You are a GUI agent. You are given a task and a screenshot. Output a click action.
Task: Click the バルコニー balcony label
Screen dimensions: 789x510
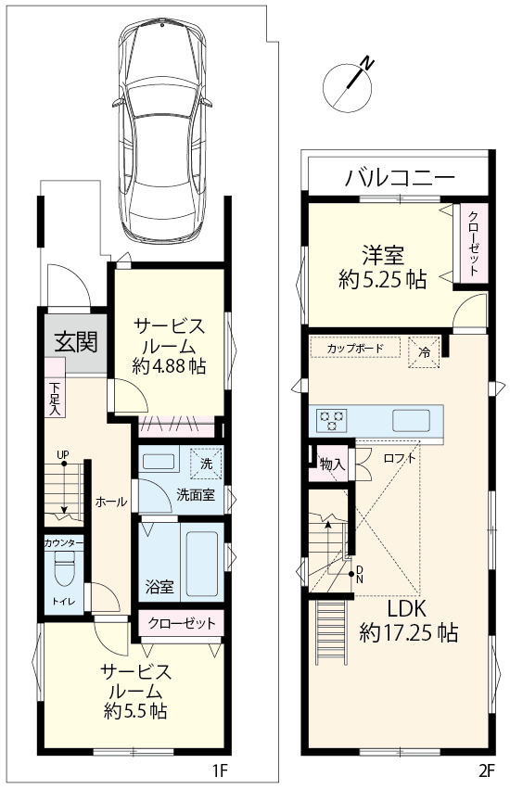[x=400, y=176]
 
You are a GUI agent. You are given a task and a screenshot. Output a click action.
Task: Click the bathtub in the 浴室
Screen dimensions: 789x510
[x=203, y=563]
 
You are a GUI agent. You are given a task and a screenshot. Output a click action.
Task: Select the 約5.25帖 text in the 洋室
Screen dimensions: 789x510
[x=381, y=277]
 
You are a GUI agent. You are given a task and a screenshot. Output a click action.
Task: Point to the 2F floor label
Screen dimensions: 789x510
[x=487, y=770]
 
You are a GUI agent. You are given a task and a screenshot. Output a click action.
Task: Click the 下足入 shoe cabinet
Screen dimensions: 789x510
[x=54, y=399]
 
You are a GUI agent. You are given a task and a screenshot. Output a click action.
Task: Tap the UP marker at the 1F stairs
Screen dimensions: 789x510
[x=62, y=455]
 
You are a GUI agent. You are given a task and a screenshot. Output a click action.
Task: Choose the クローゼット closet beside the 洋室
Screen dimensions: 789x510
[x=473, y=240]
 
